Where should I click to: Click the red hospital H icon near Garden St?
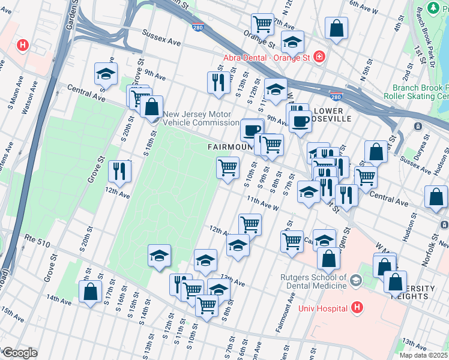click(23, 45)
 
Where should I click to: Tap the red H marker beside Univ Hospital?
click(357, 308)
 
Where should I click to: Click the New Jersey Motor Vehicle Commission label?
click(201, 118)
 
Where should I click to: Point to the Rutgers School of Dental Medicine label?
click(313, 281)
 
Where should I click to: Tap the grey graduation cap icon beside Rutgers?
click(356, 280)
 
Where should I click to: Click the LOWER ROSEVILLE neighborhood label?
click(328, 115)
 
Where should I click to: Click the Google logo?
click(19, 353)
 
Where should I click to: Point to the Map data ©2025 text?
click(424, 355)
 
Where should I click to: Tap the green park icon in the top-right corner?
click(432, 8)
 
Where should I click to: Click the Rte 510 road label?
click(37, 239)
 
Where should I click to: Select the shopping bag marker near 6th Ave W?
click(337, 28)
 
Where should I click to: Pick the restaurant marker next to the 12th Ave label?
click(119, 171)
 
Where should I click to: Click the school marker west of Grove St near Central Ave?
click(106, 74)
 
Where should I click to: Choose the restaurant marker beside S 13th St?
click(218, 82)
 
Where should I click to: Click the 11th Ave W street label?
click(262, 205)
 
